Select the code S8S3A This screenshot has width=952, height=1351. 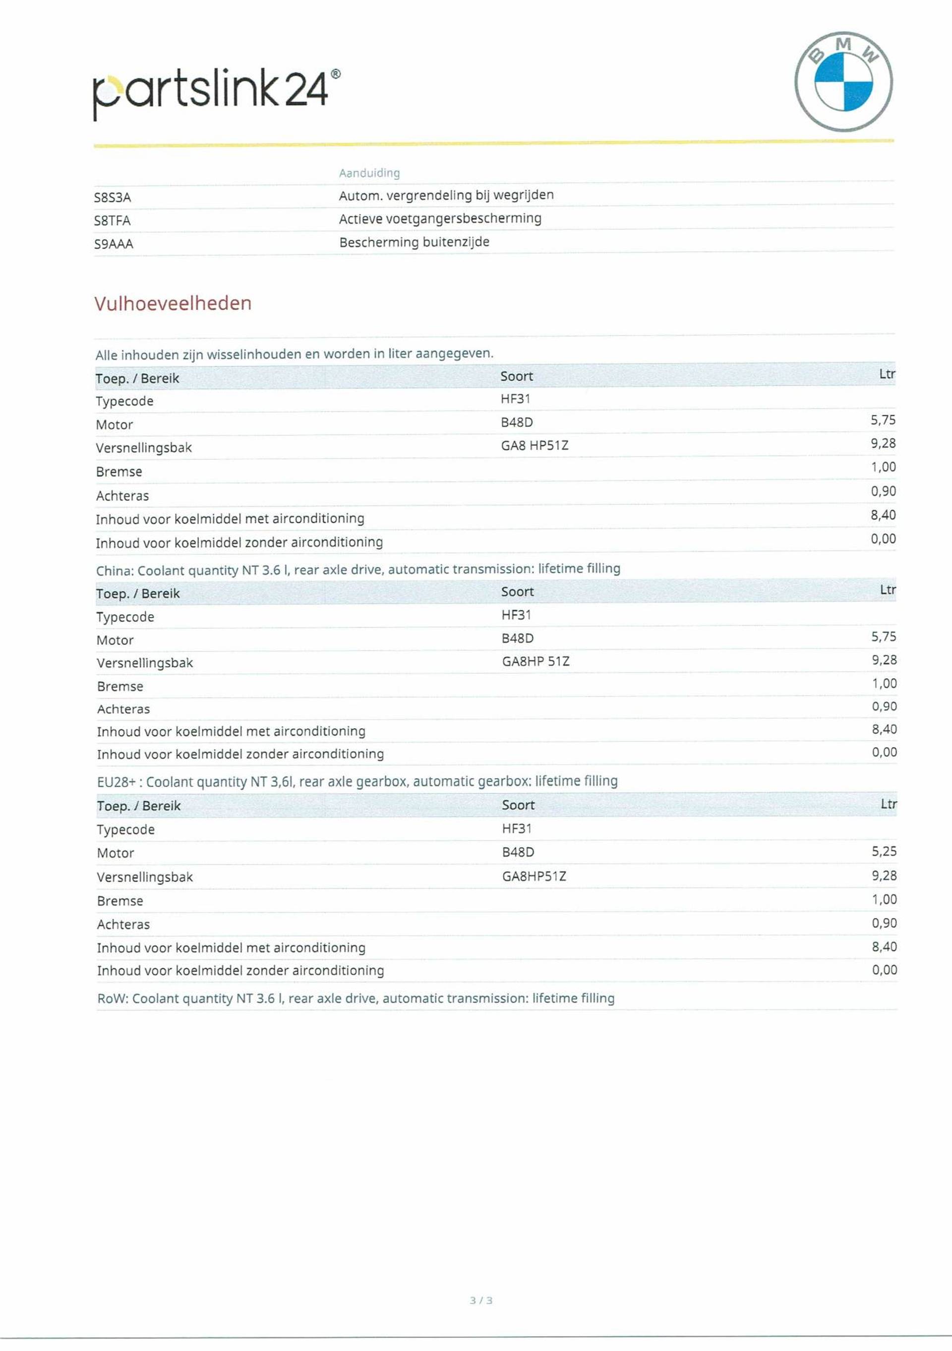(113, 198)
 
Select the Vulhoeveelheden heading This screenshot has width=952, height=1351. (173, 303)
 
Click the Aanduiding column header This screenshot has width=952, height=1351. (369, 173)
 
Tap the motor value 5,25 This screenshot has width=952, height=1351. (884, 851)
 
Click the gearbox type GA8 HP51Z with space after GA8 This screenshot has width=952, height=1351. (534, 445)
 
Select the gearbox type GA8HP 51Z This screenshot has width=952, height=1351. (535, 661)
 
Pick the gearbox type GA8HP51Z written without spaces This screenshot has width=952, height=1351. (534, 876)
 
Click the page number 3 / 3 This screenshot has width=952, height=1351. (480, 1300)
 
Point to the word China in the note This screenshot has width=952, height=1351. (114, 571)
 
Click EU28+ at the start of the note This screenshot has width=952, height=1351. (117, 782)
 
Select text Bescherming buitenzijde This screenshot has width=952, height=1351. (414, 242)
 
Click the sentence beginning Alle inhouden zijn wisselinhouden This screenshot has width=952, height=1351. (294, 353)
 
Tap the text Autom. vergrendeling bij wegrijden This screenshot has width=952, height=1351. (446, 195)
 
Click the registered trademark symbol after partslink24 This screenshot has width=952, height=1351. (335, 74)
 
